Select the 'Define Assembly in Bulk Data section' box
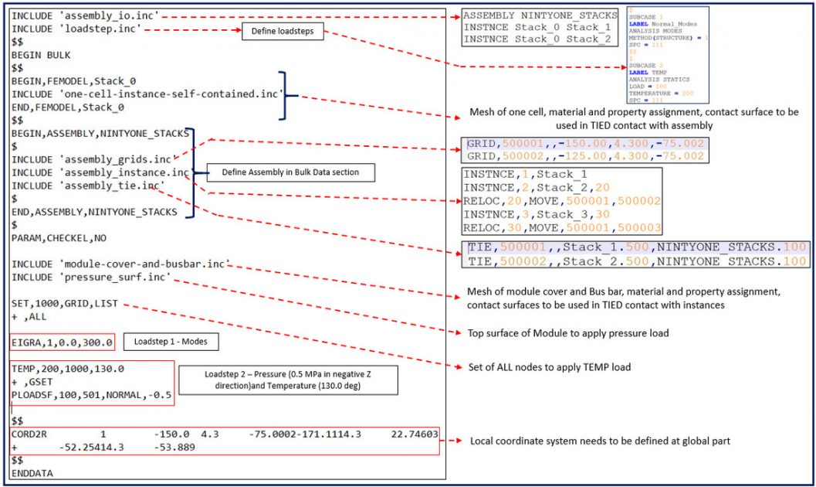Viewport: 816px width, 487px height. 291,172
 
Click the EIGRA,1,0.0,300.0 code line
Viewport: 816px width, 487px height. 63,342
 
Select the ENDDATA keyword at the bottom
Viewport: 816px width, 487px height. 33,472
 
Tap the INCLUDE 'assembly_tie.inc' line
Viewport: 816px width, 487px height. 88,186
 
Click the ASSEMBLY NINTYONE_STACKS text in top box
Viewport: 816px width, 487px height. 540,15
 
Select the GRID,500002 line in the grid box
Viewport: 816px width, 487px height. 586,156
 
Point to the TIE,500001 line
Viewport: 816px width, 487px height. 637,248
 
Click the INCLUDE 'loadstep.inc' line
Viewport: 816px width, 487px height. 76,29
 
